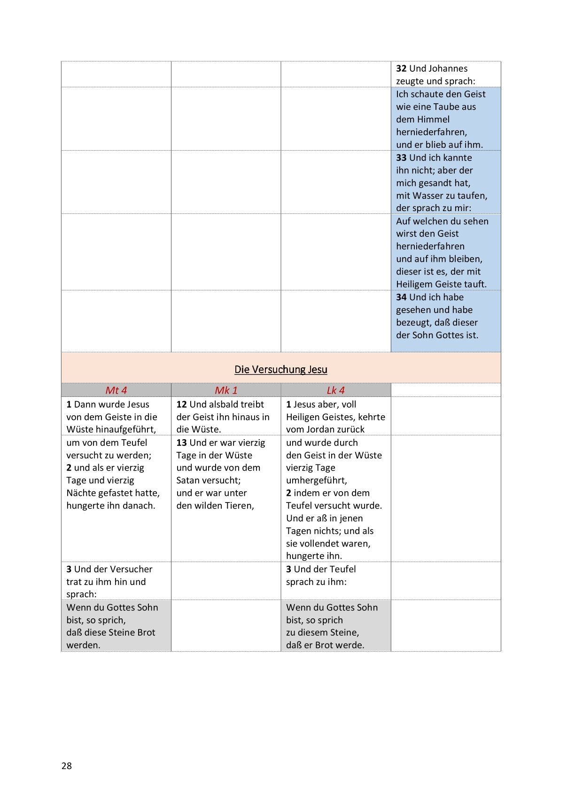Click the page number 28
(x=67, y=766)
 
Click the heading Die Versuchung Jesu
(x=280, y=369)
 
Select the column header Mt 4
(x=116, y=390)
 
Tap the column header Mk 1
(x=226, y=390)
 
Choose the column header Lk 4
(x=335, y=390)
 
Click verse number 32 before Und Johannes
(x=401, y=68)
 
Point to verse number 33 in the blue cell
(x=401, y=158)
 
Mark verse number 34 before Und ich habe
(x=401, y=297)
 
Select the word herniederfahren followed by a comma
(x=431, y=132)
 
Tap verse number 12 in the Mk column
(x=181, y=404)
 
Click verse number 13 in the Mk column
(x=181, y=442)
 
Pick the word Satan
(x=188, y=480)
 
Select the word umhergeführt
(x=316, y=480)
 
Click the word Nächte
(x=81, y=493)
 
